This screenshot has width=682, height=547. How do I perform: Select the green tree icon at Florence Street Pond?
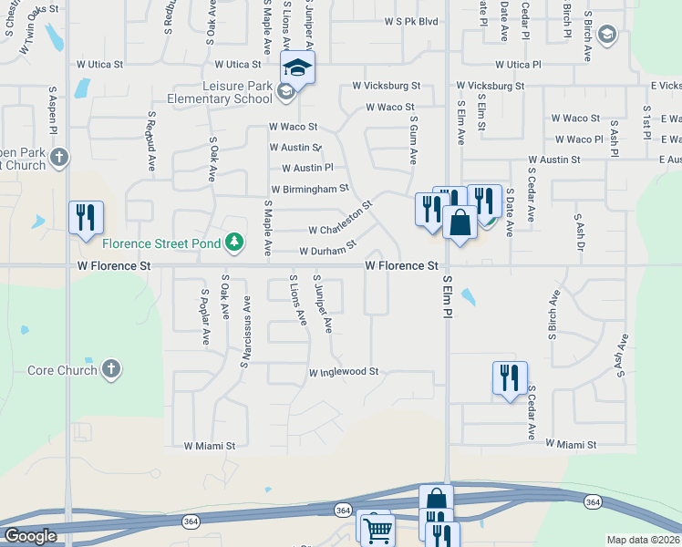[x=236, y=242]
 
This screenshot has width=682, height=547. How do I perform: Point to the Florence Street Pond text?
[x=162, y=243]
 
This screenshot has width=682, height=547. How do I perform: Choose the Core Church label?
[x=62, y=370]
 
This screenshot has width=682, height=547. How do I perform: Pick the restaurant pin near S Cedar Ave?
[x=509, y=377]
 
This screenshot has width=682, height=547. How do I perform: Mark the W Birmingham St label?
[x=315, y=189]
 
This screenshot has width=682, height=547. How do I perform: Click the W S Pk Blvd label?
[x=411, y=21]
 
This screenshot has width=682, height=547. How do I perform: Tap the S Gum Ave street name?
[x=413, y=139]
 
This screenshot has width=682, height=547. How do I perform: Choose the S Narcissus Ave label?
[x=246, y=329]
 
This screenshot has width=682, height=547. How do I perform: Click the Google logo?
[x=30, y=536]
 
